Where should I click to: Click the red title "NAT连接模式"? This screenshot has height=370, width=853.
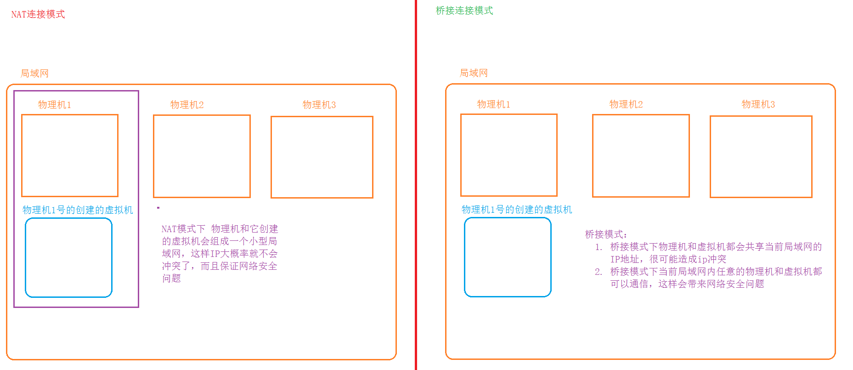pos(38,14)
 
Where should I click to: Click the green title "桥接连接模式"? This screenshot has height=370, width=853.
pos(464,11)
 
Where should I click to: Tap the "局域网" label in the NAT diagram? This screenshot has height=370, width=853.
pos(34,74)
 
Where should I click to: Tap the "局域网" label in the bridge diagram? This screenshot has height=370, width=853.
pos(474,73)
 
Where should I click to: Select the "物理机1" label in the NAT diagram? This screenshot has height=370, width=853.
pos(54,105)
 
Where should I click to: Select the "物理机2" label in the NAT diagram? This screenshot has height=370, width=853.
pos(186,105)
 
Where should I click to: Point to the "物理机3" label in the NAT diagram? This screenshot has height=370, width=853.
pos(319,105)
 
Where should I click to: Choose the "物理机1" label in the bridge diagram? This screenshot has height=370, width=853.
pos(493,104)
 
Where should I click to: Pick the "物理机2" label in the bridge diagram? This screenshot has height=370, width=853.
pos(626,104)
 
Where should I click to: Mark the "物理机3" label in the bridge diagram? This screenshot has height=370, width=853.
pos(758,104)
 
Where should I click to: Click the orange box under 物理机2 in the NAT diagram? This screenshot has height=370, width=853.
pos(202,156)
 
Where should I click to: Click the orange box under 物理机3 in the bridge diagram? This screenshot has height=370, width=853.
pos(761,157)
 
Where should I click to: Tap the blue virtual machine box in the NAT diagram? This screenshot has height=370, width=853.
pos(68,257)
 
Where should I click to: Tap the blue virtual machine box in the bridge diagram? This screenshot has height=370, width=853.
pos(508,257)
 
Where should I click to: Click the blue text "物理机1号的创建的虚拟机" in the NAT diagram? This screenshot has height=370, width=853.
pos(78,210)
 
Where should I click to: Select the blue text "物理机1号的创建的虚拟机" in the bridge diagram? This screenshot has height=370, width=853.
pos(517,210)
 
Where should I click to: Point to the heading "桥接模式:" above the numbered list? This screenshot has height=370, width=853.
pos(606,234)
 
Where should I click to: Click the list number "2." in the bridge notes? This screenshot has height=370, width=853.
pos(598,272)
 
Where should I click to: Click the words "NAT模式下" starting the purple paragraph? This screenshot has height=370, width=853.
pos(183,229)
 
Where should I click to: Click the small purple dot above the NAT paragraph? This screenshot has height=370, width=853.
pos(158,208)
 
